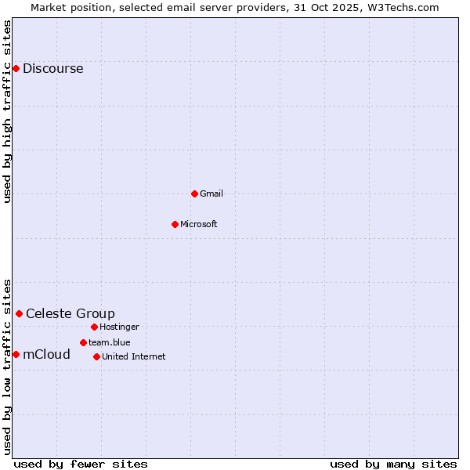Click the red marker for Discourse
tap(16, 69)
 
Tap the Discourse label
tap(52, 69)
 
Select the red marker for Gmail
tap(194, 193)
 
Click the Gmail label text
tap(211, 193)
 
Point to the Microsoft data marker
tap(175, 224)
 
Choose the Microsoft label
tap(198, 224)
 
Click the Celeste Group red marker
tap(19, 314)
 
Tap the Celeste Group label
tap(70, 314)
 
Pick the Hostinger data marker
tap(94, 327)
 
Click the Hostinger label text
tap(119, 327)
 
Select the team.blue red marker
tap(83, 342)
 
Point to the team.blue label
tap(109, 342)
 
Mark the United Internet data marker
tap(96, 356)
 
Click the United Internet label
tap(133, 356)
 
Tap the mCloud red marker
tap(16, 355)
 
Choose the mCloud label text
tap(46, 355)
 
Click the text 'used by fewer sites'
tap(81, 464)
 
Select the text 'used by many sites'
tap(393, 464)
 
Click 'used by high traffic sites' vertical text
tap(7, 111)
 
